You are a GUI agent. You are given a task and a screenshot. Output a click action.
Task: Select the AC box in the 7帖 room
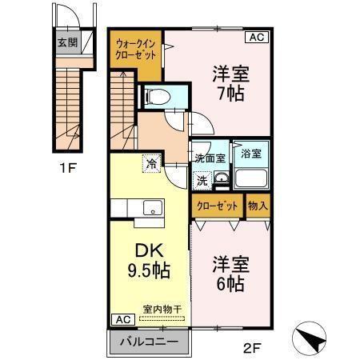coord(257,37)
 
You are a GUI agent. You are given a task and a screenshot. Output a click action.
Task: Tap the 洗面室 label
coord(209,158)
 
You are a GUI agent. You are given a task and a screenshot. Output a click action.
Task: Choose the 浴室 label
coord(250,152)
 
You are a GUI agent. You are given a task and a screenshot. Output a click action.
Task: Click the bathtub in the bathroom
coord(252,178)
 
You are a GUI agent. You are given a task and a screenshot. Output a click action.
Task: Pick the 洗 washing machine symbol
coord(202,180)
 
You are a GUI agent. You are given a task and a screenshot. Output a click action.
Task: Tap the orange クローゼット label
coord(218,206)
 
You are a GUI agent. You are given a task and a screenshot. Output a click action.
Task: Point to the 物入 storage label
coord(257,206)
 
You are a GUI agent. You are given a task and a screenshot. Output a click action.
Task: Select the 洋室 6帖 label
coord(230,271)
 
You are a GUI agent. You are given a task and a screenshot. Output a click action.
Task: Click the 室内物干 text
coord(162,309)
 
